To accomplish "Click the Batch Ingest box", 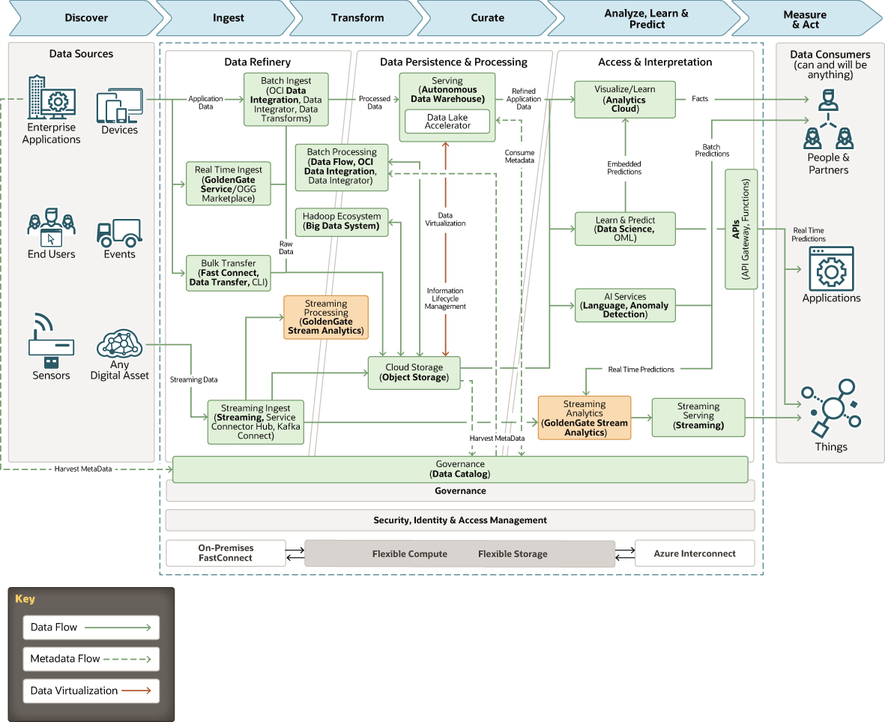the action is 286,100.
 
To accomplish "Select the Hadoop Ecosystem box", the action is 342,222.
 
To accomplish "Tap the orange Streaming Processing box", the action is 326,317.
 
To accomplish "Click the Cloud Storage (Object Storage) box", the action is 414,373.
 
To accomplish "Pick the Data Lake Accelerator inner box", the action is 447,121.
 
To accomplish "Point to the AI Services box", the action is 625,305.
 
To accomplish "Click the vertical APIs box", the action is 741,229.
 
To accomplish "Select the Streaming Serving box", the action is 698,417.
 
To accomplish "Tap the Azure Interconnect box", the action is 695,553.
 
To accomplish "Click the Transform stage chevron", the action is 357,18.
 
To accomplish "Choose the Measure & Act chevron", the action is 807,19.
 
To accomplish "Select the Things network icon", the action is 831,408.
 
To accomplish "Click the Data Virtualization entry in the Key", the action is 91,691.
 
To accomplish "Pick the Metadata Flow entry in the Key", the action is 91,659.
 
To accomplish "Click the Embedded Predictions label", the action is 624,168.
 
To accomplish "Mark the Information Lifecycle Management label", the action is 445,298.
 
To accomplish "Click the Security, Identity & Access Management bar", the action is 460,520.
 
